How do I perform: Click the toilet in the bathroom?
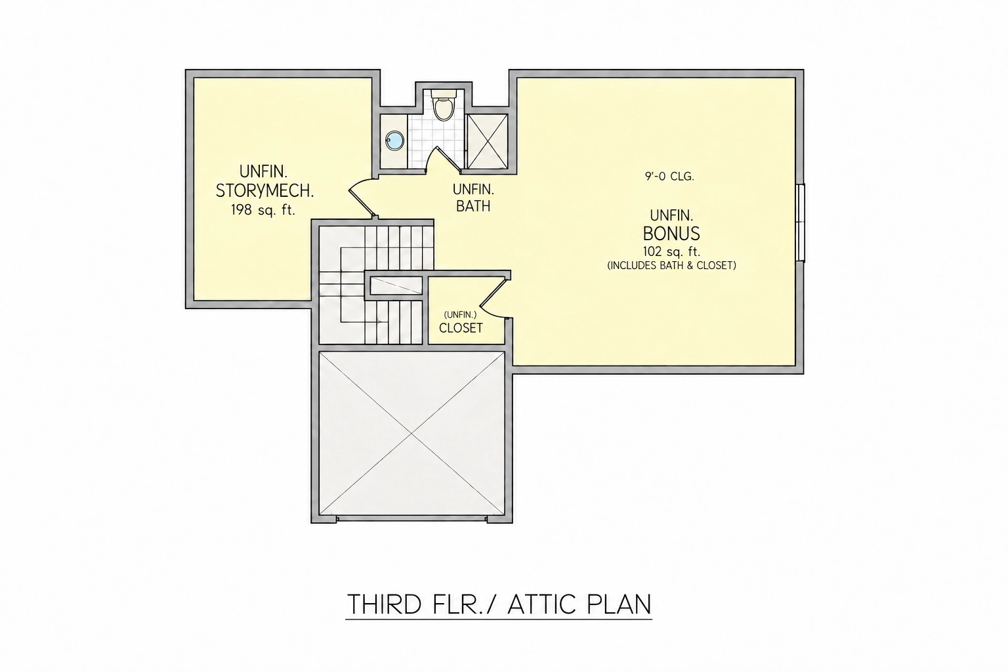(x=444, y=105)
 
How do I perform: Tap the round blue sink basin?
(x=394, y=141)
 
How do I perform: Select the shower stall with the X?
(x=488, y=141)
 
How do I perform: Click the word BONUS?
(x=671, y=234)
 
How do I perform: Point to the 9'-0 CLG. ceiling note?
(x=669, y=177)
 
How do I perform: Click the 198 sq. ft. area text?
(x=263, y=210)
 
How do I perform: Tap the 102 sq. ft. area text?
(x=671, y=251)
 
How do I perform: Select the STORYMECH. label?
(x=264, y=191)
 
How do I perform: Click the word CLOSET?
(x=461, y=328)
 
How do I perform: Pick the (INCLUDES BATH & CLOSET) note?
(x=671, y=266)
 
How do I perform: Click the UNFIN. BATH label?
(x=473, y=198)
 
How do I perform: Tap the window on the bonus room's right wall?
(x=801, y=222)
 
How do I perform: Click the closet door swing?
(x=493, y=299)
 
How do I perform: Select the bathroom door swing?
(x=443, y=159)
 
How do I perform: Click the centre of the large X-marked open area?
(x=411, y=433)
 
